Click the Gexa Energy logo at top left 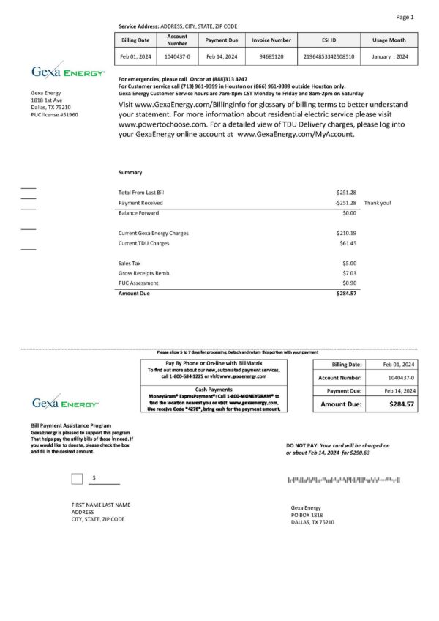[68, 72]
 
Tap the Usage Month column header [389, 40]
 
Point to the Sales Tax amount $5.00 [349, 262]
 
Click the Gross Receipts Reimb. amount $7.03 [349, 272]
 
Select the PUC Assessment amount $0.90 [349, 283]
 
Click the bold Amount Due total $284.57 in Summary [347, 293]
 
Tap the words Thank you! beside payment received [378, 202]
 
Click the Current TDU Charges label [144, 242]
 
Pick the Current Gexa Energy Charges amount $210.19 [347, 233]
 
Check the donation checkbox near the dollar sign [77, 479]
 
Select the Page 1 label [405, 16]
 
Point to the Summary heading [130, 172]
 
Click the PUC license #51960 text [54, 115]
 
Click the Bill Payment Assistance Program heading [71, 425]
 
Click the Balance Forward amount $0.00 [349, 212]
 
